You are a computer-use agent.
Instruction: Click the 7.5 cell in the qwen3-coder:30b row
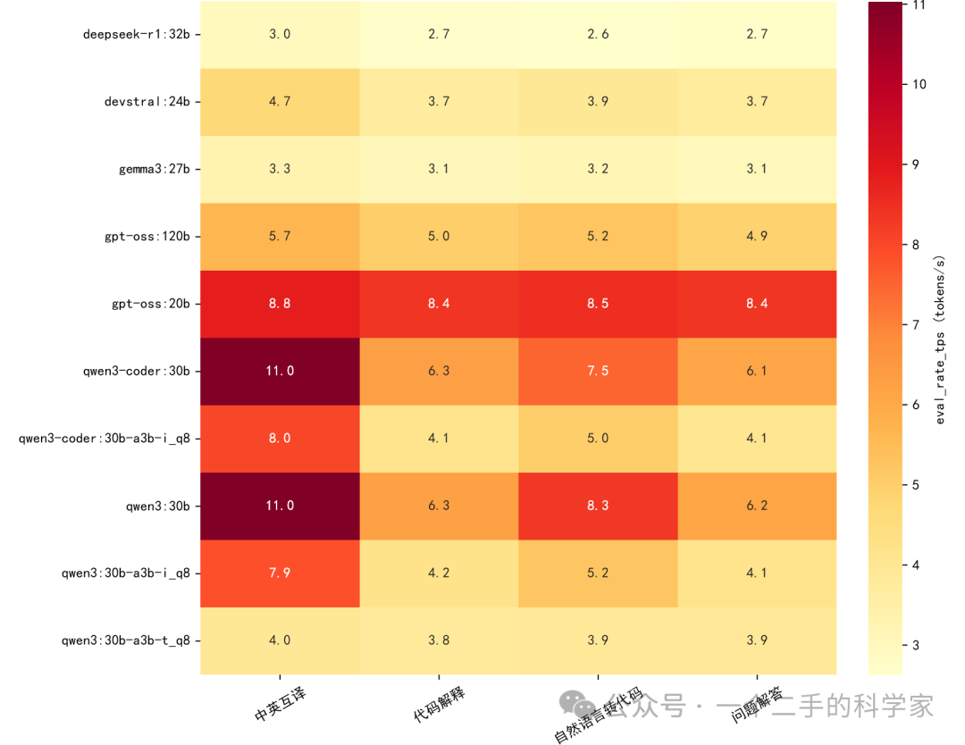(598, 371)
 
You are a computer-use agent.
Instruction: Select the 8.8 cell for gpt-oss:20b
(280, 304)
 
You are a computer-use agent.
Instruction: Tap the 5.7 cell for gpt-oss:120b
(280, 236)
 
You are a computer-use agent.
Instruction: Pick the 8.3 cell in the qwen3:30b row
(598, 506)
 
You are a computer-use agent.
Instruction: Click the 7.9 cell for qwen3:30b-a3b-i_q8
(280, 573)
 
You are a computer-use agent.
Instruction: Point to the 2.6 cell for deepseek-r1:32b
(598, 35)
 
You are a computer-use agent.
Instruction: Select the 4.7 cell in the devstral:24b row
(280, 102)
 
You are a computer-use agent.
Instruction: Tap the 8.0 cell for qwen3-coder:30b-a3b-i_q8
(280, 439)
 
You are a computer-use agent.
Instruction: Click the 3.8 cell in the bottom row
(439, 640)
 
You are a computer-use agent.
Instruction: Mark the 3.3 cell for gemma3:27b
(280, 169)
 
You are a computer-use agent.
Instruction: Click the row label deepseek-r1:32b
(137, 35)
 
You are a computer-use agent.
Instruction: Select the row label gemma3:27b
(155, 169)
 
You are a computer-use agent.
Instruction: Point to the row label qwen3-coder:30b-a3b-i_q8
(105, 439)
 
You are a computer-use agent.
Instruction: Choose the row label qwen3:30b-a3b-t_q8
(126, 640)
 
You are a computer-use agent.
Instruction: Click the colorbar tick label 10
(919, 84)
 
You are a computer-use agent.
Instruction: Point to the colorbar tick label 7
(916, 325)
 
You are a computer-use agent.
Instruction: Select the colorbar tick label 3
(916, 645)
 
